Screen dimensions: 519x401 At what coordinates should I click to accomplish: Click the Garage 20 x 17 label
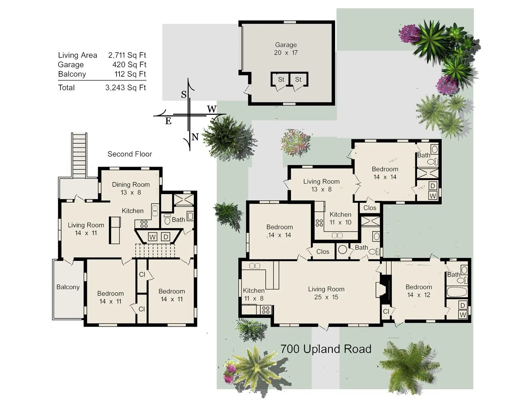tap(286, 49)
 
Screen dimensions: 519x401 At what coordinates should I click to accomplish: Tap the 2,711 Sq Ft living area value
tap(127, 55)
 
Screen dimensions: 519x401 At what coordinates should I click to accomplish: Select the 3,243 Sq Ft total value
tap(126, 88)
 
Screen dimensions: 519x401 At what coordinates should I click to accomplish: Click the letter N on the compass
tap(195, 137)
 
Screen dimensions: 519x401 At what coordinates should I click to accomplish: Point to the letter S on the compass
tap(184, 95)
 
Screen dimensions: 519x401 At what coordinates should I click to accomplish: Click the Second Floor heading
tap(130, 154)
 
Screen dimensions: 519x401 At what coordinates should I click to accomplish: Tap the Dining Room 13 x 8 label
tap(131, 188)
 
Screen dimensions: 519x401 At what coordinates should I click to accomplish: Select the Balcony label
tap(68, 287)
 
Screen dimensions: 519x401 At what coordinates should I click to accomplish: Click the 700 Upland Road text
tap(326, 349)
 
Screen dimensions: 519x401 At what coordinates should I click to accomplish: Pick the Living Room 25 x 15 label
tap(326, 293)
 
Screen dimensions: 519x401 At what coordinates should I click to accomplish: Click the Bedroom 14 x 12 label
tap(419, 291)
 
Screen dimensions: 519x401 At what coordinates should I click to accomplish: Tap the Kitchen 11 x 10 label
tap(340, 218)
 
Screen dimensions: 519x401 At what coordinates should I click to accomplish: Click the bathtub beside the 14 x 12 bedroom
tap(457, 292)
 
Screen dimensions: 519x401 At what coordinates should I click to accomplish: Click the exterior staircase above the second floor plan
tap(79, 155)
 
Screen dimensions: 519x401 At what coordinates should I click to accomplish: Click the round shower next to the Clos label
tap(343, 250)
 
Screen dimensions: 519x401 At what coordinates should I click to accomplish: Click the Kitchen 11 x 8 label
tap(254, 294)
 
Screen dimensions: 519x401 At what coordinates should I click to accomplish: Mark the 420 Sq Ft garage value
tap(129, 65)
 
